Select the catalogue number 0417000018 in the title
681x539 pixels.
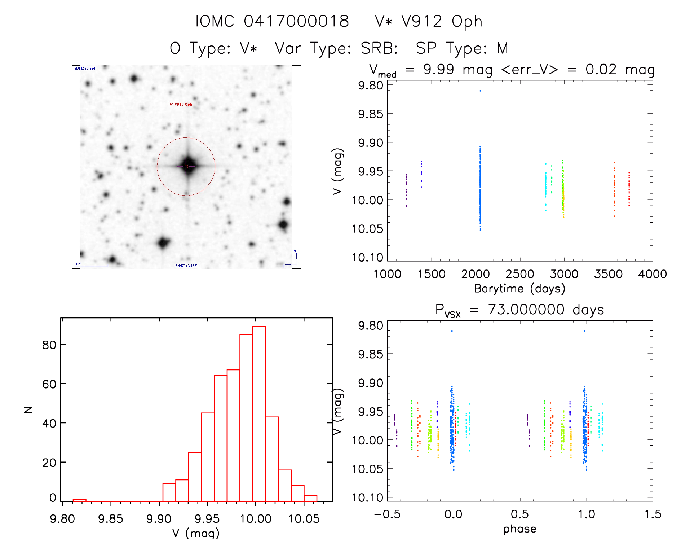click(296, 21)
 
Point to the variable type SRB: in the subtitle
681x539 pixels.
click(379, 48)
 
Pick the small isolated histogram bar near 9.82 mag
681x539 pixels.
click(79, 500)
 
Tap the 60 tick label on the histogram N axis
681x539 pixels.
click(49, 384)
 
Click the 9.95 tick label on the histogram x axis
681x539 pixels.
click(207, 519)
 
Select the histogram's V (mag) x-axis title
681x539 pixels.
click(196, 533)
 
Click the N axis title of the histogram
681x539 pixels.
click(28, 409)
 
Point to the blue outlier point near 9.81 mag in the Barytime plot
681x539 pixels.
click(480, 91)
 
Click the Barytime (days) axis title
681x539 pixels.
click(519, 289)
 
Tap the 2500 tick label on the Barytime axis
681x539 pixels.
click(519, 274)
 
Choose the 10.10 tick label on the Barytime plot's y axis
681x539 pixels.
click(367, 258)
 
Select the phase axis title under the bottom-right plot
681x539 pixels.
click(519, 529)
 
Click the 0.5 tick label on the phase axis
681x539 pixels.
click(519, 514)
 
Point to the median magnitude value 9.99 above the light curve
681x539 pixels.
click(438, 70)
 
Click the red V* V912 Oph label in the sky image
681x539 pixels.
click(181, 105)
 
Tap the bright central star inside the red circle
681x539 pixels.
click(187, 166)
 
